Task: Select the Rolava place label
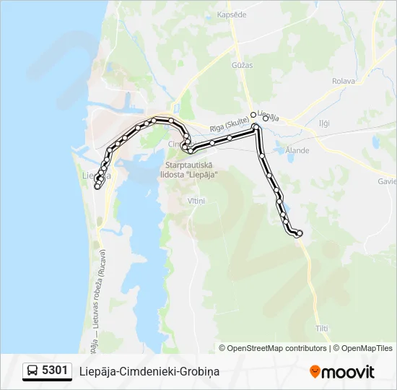point(344,81)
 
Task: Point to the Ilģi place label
point(324,123)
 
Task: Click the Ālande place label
point(297,150)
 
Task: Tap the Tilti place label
point(322,329)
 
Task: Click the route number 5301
point(55,370)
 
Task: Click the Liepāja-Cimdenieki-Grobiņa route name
point(149,371)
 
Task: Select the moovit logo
point(342,372)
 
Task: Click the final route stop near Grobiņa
point(299,233)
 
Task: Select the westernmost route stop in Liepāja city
point(97,186)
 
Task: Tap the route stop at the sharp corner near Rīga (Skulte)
point(256,127)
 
